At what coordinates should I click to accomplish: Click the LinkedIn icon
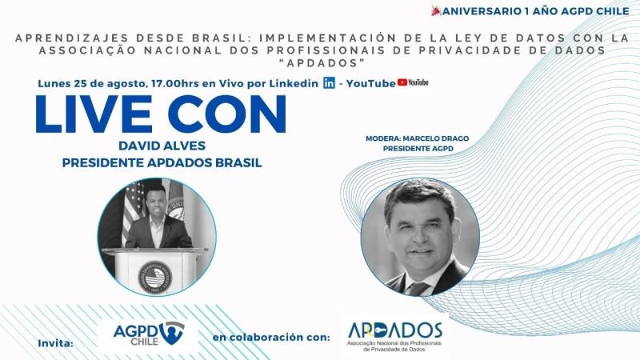(329, 83)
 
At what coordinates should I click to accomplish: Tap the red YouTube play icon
(402, 82)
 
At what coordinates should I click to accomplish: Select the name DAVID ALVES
(162, 146)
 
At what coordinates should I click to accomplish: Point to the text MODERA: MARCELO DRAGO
(417, 138)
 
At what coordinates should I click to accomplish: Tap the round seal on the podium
(155, 278)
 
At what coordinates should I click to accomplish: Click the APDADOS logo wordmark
(394, 330)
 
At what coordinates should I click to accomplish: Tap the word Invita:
(55, 343)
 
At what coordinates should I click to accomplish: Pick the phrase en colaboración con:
(271, 338)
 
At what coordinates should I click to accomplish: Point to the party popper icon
(436, 11)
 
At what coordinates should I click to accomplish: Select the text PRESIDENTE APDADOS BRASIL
(162, 163)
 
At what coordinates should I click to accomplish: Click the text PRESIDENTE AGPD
(418, 149)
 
